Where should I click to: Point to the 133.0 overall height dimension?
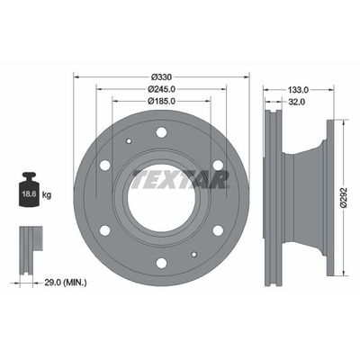(299, 89)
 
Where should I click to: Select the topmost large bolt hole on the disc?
(161, 132)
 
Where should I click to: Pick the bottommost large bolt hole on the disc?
(161, 263)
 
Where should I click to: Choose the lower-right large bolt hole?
(217, 229)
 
